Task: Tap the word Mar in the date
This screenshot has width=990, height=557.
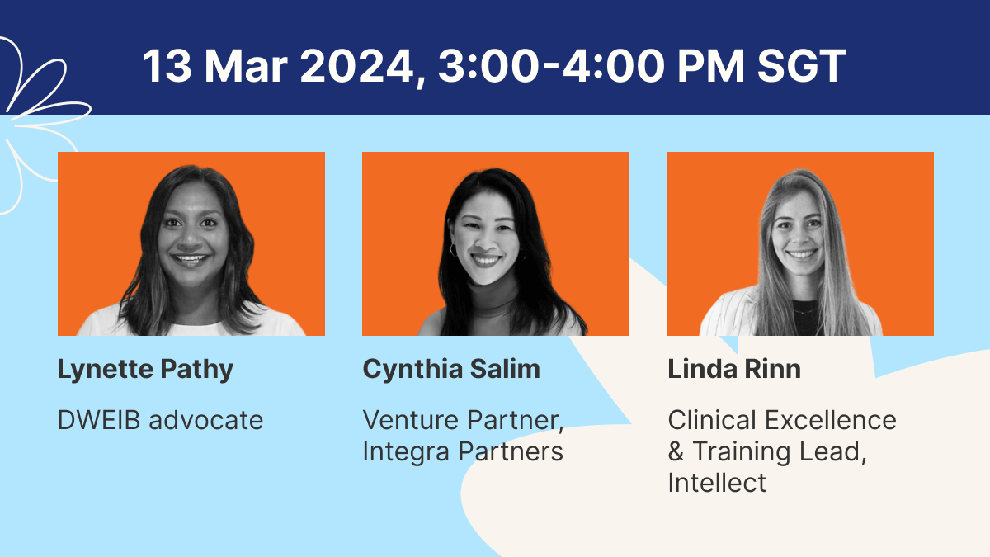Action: (246, 66)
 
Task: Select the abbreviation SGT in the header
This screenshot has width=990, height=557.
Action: (801, 66)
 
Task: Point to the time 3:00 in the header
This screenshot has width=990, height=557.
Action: (488, 66)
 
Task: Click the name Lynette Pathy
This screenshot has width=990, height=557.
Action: (145, 370)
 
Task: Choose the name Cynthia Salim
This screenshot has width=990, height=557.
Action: (451, 369)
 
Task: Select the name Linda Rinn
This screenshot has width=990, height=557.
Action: (734, 369)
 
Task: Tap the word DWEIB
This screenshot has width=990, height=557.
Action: (99, 420)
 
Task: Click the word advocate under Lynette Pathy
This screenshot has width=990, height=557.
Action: (206, 420)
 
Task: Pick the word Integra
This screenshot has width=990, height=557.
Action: (406, 452)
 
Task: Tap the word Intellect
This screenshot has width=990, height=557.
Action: (717, 482)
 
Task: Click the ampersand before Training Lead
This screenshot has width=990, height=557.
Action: (676, 451)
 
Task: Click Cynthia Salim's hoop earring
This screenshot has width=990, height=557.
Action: (453, 250)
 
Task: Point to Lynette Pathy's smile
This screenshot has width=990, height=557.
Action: (191, 258)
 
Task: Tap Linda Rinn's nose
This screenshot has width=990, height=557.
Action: (800, 239)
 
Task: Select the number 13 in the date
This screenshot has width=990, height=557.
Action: (167, 66)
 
